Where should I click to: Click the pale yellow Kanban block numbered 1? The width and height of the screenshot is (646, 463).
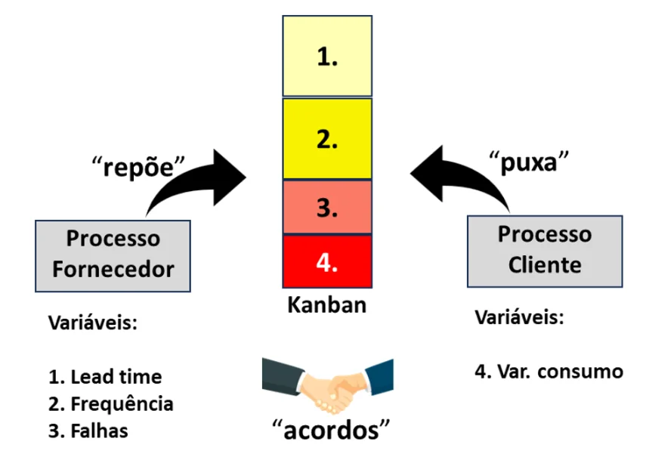[327, 56]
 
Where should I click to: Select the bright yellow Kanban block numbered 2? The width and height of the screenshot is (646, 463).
[327, 138]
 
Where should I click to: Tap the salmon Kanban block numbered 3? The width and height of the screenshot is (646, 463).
[327, 207]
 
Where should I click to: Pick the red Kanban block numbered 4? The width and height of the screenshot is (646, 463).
[327, 261]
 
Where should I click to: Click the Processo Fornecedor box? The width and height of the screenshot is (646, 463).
[113, 256]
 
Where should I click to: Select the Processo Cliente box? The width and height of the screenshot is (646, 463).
[545, 252]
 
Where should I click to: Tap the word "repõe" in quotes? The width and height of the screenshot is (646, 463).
[138, 167]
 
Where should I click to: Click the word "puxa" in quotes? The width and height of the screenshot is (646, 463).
[529, 162]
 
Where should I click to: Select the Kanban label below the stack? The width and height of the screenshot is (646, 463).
[326, 305]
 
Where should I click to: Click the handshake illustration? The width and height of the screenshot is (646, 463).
[327, 386]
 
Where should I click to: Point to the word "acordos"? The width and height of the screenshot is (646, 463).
[331, 430]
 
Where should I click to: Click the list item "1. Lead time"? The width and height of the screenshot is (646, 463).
[105, 376]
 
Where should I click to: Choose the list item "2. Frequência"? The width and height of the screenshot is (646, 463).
[110, 403]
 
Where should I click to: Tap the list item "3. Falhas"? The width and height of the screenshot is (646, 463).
[88, 431]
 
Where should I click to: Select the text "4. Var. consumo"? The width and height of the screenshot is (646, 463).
[549, 372]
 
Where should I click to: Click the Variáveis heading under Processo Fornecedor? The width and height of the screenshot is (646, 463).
[93, 322]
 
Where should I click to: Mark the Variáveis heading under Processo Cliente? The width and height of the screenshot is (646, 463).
[519, 317]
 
